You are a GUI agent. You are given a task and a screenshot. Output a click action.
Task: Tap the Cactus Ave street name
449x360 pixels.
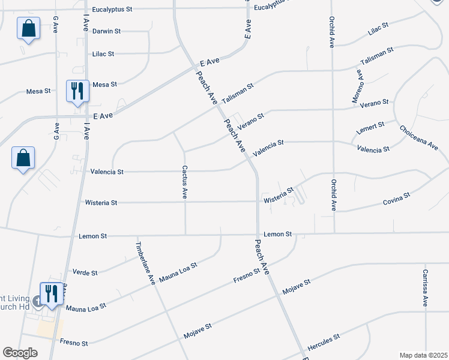pyautogui.click(x=185, y=182)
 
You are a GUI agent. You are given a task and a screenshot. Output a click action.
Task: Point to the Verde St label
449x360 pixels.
pyautogui.click(x=85, y=273)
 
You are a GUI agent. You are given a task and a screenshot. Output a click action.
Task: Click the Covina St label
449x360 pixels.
pyautogui.click(x=396, y=199)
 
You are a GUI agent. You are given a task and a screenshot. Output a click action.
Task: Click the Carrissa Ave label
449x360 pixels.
pyautogui.click(x=424, y=287)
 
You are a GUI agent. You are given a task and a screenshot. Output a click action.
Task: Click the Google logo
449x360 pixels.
pyautogui.click(x=20, y=353)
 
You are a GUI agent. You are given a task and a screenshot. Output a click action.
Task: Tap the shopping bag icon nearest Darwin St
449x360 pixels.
pyautogui.click(x=29, y=28)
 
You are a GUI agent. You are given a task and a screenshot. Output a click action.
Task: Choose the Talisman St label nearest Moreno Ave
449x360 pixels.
pyautogui.click(x=376, y=56)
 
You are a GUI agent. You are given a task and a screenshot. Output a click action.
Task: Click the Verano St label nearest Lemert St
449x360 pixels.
pyautogui.click(x=375, y=104)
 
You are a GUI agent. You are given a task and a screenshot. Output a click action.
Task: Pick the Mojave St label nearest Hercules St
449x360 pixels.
pyautogui.click(x=297, y=286)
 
